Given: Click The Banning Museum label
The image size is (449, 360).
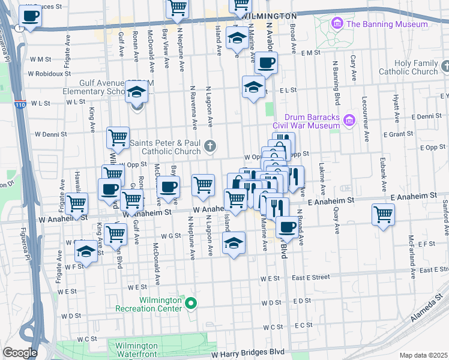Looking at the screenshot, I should [x=387, y=24].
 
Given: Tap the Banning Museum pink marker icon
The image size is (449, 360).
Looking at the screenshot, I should [x=337, y=24].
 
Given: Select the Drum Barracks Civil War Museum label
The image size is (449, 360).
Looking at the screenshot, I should [x=306, y=121].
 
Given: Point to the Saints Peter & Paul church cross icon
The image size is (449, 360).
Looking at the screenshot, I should [x=209, y=145].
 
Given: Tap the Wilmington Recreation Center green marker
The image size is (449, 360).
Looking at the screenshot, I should [x=191, y=304].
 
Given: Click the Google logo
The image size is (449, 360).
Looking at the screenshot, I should [x=20, y=353].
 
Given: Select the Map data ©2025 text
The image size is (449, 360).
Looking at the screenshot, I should [x=423, y=355].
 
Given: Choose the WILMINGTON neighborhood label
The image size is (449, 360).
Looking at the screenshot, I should [x=271, y=16].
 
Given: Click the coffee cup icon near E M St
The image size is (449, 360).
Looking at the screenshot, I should [x=266, y=61].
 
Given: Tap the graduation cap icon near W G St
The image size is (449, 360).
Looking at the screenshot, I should [x=233, y=242].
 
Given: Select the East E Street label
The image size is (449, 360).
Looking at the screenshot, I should [x=311, y=277].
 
